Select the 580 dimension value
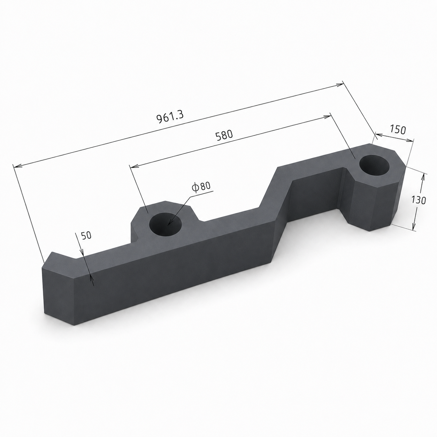coord(224,135)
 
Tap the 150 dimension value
coord(398,130)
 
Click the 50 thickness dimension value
coord(86,235)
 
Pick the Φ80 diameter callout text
coord(201,186)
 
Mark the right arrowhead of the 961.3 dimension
coord(339,85)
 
